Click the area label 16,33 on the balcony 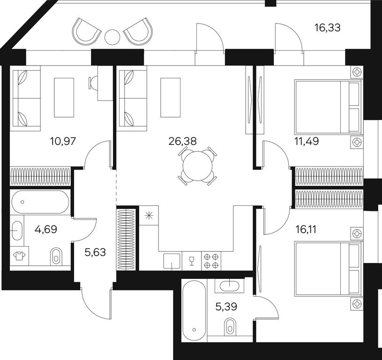pyautogui.click(x=327, y=28)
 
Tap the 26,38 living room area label pyautogui.click(x=182, y=141)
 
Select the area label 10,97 pyautogui.click(x=63, y=141)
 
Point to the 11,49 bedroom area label pyautogui.click(x=307, y=141)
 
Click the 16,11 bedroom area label pyautogui.click(x=306, y=229)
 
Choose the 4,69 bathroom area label pyautogui.click(x=46, y=229)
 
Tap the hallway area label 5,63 pyautogui.click(x=95, y=252)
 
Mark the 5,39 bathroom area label pyautogui.click(x=226, y=307)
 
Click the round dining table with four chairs pyautogui.click(x=198, y=166)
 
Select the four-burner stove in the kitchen pyautogui.click(x=211, y=261)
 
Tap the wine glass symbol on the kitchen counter pyautogui.click(x=192, y=261)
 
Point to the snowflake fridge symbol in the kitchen pyautogui.click(x=149, y=215)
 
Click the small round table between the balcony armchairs pyautogui.click(x=112, y=37)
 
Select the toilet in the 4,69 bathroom pyautogui.click(x=56, y=257)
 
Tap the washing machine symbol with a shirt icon pyautogui.click(x=19, y=256)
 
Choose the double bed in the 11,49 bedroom pyautogui.click(x=328, y=107)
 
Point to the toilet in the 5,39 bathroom pyautogui.click(x=230, y=327)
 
